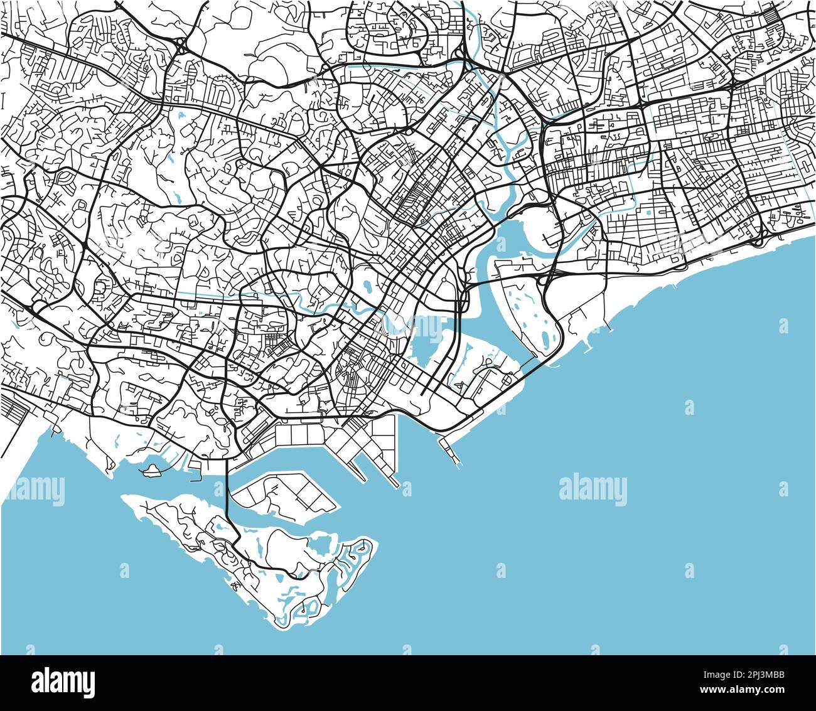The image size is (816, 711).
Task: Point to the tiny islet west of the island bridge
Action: pyautogui.click(x=151, y=470)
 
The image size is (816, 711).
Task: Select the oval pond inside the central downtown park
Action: pyautogui.click(x=364, y=286)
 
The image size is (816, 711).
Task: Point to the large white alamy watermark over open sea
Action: pyautogui.click(x=593, y=489)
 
